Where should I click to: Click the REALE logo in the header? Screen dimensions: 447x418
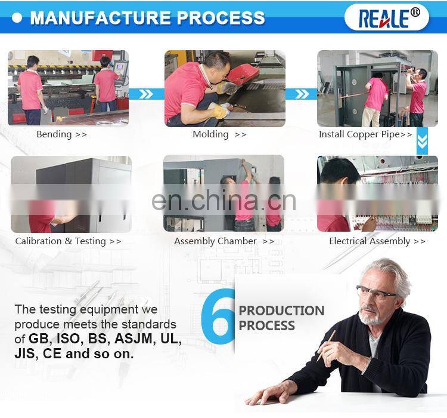point(386,18)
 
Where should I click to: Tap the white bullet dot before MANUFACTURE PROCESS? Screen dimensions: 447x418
point(17,18)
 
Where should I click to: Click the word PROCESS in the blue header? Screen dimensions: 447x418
point(221,18)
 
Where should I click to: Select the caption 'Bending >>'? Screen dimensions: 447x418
point(61,134)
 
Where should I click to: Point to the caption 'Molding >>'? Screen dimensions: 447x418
point(219,134)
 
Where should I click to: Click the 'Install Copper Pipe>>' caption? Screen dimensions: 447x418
point(365,134)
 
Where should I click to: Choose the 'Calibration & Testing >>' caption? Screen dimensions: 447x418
point(68,241)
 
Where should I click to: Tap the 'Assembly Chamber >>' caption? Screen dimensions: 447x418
point(224,241)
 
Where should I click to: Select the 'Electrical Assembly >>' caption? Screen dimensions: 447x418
point(377,241)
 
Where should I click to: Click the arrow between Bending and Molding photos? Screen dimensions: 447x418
point(147,94)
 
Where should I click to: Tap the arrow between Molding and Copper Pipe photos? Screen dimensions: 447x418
point(302,94)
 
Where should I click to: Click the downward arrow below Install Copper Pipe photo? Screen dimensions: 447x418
point(422,141)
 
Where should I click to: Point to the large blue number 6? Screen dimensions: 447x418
point(218,316)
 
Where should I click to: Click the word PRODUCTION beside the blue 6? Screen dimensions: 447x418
point(281,311)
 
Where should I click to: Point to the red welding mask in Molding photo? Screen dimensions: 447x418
point(243,73)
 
